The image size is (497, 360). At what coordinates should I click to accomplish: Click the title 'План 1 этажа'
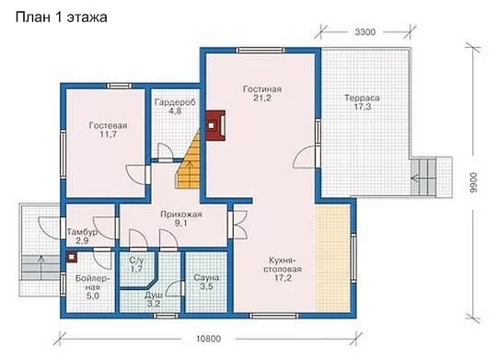pyautogui.click(x=61, y=17)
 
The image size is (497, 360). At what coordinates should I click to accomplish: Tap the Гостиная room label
pyautogui.click(x=262, y=89)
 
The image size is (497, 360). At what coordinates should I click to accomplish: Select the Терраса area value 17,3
pyautogui.click(x=363, y=107)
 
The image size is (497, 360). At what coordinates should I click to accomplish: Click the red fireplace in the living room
pyautogui.click(x=215, y=125)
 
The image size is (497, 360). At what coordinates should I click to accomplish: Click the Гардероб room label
pyautogui.click(x=175, y=102)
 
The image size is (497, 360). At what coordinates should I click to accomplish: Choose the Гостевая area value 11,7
pyautogui.click(x=108, y=134)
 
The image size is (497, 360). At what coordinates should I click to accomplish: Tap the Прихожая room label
pyautogui.click(x=181, y=215)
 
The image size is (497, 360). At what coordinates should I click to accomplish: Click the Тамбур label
pyautogui.click(x=82, y=232)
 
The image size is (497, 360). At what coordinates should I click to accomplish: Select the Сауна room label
pyautogui.click(x=206, y=278)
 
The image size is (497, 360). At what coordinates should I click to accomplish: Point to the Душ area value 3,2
pyautogui.click(x=154, y=304)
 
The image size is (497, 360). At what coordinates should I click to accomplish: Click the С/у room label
pyautogui.click(x=136, y=261)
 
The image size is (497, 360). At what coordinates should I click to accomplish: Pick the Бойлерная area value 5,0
pyautogui.click(x=93, y=296)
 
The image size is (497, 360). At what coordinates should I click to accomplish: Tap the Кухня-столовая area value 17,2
pyautogui.click(x=283, y=278)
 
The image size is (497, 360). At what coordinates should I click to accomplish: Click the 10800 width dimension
pyautogui.click(x=208, y=339)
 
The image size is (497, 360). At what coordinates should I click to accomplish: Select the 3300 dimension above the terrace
pyautogui.click(x=365, y=32)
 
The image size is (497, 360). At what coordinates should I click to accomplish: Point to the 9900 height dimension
pyautogui.click(x=472, y=183)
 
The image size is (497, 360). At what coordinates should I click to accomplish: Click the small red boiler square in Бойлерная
pyautogui.click(x=72, y=257)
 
